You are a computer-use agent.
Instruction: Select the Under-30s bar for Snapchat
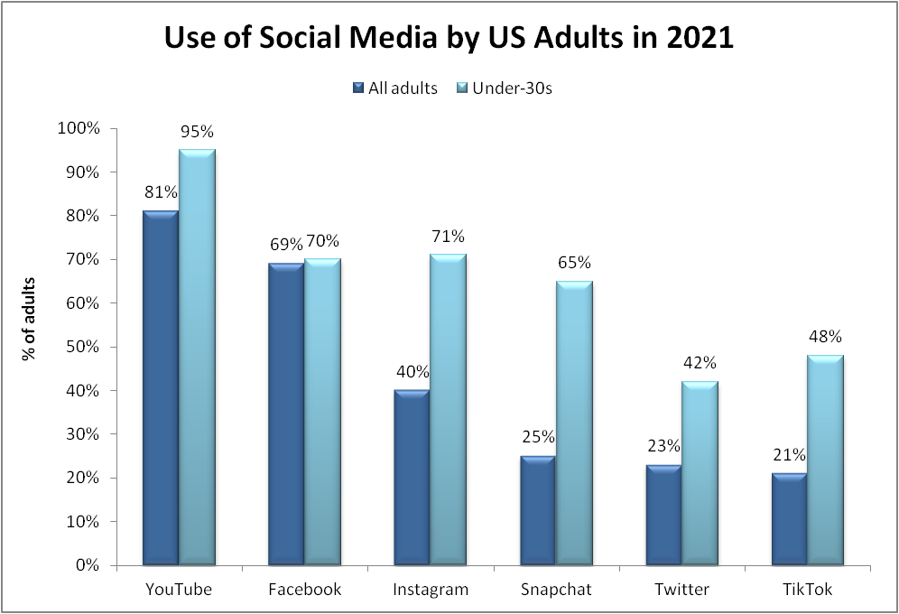[x=573, y=424]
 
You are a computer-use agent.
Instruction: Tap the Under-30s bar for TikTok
[x=824, y=460]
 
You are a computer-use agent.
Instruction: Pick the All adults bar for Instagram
[x=411, y=479]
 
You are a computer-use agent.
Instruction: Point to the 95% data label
[x=197, y=132]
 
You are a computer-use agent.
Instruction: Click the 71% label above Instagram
[x=448, y=237]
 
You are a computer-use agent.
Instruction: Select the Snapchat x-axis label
[x=556, y=591]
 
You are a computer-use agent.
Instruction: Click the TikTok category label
[x=807, y=591]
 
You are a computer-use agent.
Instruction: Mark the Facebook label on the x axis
[x=305, y=591]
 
